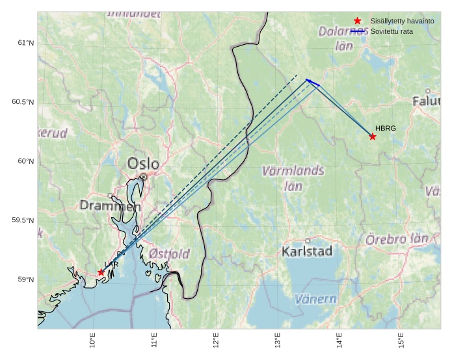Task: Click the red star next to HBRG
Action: (373, 136)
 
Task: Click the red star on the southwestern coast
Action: (101, 272)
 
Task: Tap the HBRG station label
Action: (386, 129)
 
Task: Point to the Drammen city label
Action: (110, 206)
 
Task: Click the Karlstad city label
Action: (308, 251)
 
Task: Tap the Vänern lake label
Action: (315, 300)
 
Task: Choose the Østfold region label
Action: (169, 253)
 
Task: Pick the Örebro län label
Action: (397, 239)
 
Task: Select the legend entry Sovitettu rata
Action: (392, 31)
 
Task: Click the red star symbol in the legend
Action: (357, 21)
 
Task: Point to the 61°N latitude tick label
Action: (25, 43)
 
